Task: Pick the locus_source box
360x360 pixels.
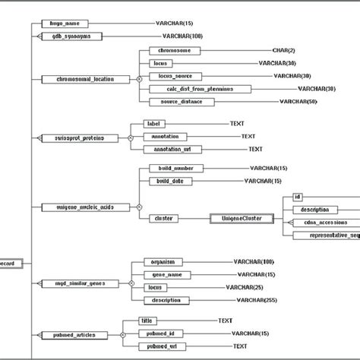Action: tap(178, 76)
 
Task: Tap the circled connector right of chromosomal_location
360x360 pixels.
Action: tap(139, 78)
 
